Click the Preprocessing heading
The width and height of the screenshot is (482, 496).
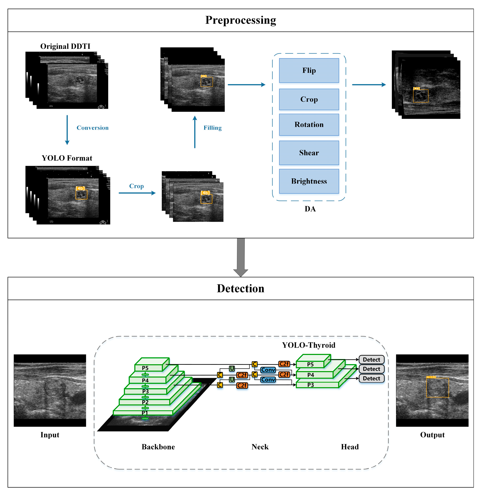(x=241, y=20)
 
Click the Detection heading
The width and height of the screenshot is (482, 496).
(x=241, y=288)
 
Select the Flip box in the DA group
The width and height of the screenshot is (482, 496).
(x=309, y=70)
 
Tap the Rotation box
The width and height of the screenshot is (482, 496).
(x=309, y=125)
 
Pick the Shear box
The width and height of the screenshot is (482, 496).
(x=309, y=153)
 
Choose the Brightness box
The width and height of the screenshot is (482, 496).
(x=309, y=181)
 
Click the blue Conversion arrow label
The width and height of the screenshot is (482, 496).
(x=92, y=128)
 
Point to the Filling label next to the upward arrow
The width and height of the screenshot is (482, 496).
(x=212, y=128)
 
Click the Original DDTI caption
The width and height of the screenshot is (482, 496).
(x=65, y=46)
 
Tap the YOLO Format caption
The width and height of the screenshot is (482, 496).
(x=67, y=158)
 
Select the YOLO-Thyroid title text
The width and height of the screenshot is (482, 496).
(x=309, y=345)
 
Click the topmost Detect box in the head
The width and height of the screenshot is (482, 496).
(x=371, y=360)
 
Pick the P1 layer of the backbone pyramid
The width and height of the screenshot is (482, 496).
(x=145, y=413)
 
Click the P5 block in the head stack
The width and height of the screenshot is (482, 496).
(x=310, y=364)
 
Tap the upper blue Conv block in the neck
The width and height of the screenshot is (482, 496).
(x=268, y=370)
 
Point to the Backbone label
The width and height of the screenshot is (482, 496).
(x=158, y=447)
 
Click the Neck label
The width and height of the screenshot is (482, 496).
(x=260, y=447)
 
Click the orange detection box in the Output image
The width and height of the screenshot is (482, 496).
(x=438, y=387)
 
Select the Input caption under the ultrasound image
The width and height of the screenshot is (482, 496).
(x=50, y=435)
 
